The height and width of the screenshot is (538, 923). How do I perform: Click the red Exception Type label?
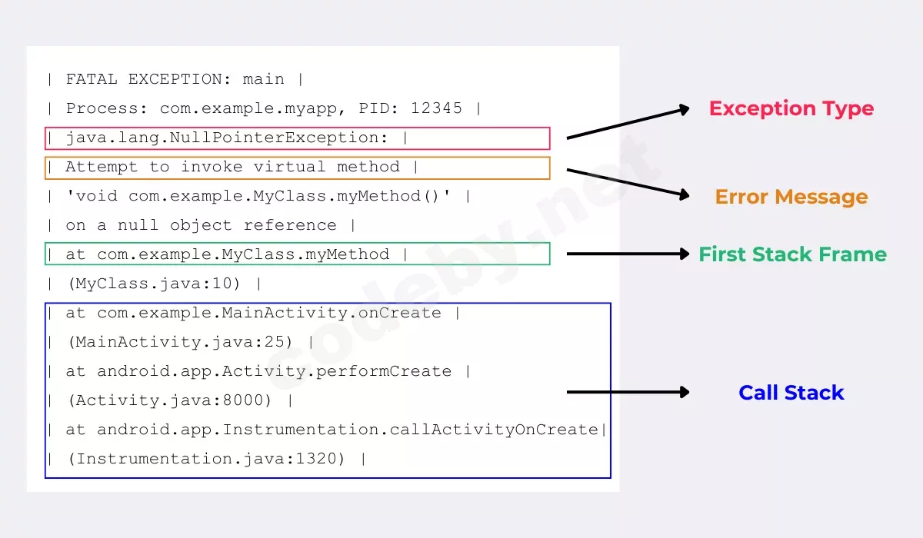tap(791, 108)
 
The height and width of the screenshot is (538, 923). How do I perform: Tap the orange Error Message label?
tap(791, 197)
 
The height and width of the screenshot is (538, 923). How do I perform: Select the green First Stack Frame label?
tap(793, 254)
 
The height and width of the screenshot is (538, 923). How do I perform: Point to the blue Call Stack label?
tap(791, 392)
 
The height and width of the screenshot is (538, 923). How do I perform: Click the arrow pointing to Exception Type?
tap(628, 122)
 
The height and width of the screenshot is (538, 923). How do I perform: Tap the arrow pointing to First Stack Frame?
tap(628, 254)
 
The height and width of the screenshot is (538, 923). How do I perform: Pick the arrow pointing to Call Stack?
tap(628, 392)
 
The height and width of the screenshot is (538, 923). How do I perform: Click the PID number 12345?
tap(436, 108)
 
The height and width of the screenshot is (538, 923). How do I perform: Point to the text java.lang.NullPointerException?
tap(227, 138)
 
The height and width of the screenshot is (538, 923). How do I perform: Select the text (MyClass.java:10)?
tap(154, 284)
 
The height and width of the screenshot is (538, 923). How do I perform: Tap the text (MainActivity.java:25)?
tap(180, 342)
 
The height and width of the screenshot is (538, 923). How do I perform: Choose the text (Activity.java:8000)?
tap(169, 400)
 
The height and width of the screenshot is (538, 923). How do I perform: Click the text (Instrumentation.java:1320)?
tap(206, 459)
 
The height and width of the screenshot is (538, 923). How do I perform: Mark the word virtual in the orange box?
tap(289, 167)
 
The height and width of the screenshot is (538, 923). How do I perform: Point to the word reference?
tap(290, 225)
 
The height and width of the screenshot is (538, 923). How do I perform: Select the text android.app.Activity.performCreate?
tap(275, 371)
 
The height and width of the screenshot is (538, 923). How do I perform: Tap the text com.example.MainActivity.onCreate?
tap(269, 313)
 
